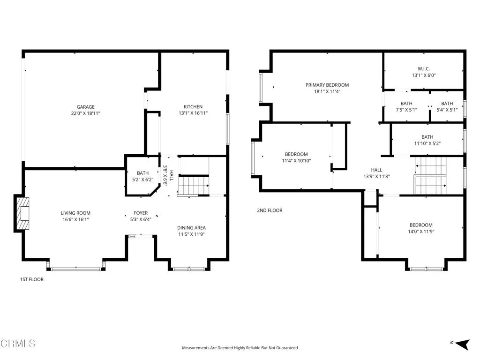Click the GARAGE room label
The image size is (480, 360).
pyautogui.click(x=86, y=107)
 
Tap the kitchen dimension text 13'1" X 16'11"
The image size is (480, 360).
pyautogui.click(x=193, y=113)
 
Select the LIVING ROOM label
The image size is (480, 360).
pyautogui.click(x=75, y=213)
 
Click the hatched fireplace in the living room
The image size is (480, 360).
pyautogui.click(x=22, y=213)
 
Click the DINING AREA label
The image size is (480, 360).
pyautogui.click(x=191, y=228)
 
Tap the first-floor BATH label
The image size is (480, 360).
pyautogui.click(x=142, y=173)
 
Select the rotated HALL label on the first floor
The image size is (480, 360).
pyautogui.click(x=172, y=176)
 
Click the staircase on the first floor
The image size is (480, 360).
pyautogui.click(x=193, y=185)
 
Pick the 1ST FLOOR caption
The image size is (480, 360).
pyautogui.click(x=31, y=279)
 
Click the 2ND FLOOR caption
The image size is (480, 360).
pyautogui.click(x=270, y=210)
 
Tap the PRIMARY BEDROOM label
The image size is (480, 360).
pyautogui.click(x=327, y=85)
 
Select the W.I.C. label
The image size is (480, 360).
pyautogui.click(x=424, y=68)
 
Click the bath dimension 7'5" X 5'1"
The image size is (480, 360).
pyautogui.click(x=406, y=110)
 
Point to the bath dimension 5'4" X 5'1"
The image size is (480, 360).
pyautogui.click(x=447, y=110)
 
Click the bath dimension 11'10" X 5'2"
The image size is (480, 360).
pyautogui.click(x=427, y=143)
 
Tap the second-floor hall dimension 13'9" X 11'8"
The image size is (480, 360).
pyautogui.click(x=376, y=177)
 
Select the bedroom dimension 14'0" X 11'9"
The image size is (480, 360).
pyautogui.click(x=421, y=231)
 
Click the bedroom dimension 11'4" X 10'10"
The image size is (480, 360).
pyautogui.click(x=296, y=161)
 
